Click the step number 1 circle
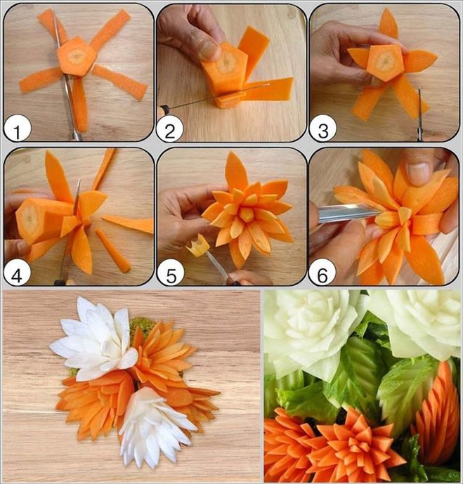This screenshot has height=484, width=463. pyautogui.click(x=17, y=130)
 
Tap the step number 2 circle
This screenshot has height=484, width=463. pyautogui.click(x=169, y=130)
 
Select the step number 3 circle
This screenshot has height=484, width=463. pyautogui.click(x=322, y=130)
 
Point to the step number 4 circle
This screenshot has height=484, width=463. pyautogui.click(x=17, y=273)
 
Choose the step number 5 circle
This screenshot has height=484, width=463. pyautogui.click(x=170, y=274)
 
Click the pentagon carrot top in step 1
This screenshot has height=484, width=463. pyautogui.click(x=77, y=56)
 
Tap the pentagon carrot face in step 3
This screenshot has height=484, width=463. pyautogui.click(x=385, y=62)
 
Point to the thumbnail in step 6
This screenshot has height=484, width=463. pyautogui.click(x=418, y=170)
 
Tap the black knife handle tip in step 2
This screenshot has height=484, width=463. pyautogui.click(x=164, y=108)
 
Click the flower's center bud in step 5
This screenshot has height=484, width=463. pyautogui.click(x=247, y=214)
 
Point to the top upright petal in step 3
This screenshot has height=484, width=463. pyautogui.click(x=388, y=24)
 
